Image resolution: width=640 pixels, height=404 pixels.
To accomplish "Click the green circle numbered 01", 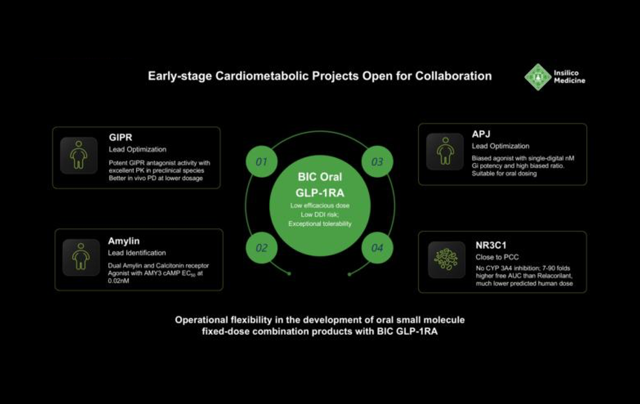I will [262, 162].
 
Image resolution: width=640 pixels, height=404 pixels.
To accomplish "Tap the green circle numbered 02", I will [262, 248].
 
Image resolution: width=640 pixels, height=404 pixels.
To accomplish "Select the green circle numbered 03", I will [377, 162].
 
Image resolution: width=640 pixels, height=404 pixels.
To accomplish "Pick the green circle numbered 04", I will [377, 248].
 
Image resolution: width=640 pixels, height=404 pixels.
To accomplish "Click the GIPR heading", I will [120, 137].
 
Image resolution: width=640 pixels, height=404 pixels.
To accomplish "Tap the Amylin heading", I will [124, 241].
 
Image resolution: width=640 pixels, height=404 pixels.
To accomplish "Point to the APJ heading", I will [481, 134].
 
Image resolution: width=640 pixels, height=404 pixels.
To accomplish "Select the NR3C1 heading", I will [491, 245].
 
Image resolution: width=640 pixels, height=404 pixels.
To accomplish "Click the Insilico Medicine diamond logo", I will [538, 77].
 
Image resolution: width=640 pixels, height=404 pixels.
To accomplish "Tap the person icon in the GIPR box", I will [79, 155].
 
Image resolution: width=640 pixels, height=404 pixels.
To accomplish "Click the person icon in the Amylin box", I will [81, 257].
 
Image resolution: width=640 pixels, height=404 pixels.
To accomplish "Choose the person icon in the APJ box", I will [445, 152].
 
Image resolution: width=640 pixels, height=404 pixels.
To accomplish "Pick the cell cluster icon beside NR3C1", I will [446, 260].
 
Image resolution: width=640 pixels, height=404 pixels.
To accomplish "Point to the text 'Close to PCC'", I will [497, 257].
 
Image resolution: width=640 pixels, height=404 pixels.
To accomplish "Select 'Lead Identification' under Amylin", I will [137, 253].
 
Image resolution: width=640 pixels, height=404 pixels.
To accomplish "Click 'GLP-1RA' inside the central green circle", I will [320, 193].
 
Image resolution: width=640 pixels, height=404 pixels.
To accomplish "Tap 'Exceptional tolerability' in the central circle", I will [320, 224].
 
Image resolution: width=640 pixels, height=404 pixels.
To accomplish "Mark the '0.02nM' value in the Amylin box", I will [118, 281].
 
